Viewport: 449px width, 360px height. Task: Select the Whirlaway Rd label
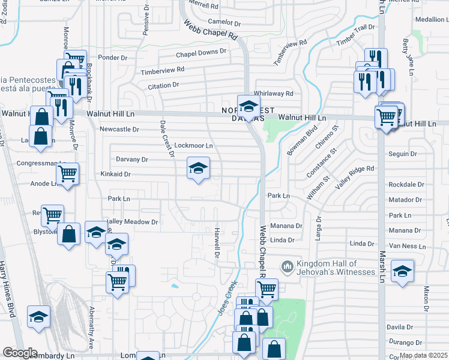[x=273, y=94]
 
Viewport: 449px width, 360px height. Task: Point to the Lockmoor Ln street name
[x=193, y=146]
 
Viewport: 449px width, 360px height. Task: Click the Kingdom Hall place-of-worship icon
[x=288, y=265]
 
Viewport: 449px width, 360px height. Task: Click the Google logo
[x=20, y=353]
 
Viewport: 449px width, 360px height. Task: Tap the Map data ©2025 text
[x=423, y=355]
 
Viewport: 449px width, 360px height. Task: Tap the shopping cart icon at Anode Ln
[x=68, y=173]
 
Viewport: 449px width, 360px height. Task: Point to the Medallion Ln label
[x=430, y=19]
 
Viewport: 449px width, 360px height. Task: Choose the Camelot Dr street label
[x=223, y=23]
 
